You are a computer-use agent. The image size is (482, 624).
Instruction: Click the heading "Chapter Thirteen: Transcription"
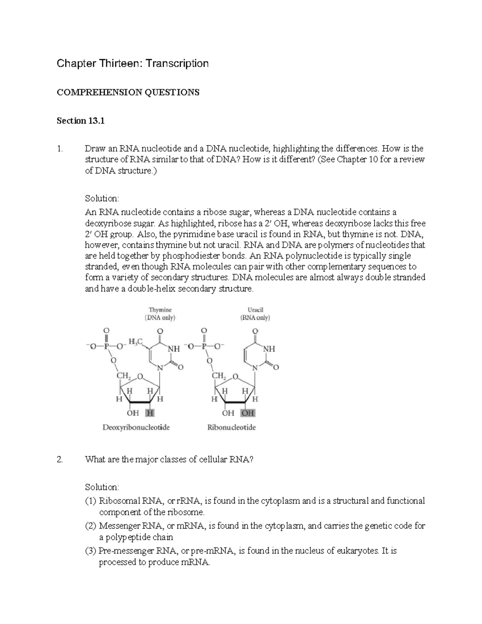[133, 63]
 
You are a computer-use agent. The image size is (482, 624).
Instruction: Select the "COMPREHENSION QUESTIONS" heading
[128, 92]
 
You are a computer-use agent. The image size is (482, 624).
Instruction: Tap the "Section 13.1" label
[81, 121]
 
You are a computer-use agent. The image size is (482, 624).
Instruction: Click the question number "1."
[60, 149]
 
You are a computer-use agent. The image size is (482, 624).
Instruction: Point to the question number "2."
[60, 460]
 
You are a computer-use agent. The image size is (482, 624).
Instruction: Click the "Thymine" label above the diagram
[160, 310]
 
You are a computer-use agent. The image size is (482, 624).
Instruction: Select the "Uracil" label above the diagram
[255, 310]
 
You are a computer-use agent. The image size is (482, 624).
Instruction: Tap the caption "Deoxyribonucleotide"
[136, 428]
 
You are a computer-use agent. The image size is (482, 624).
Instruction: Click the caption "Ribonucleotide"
[231, 428]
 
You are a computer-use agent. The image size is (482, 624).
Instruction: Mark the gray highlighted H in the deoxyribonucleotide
[150, 413]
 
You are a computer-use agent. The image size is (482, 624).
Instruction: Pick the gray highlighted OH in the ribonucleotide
[247, 413]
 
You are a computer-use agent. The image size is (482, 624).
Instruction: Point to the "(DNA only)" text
[160, 318]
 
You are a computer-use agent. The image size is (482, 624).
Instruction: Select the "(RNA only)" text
[255, 318]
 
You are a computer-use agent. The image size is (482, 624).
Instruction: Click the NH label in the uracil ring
[269, 349]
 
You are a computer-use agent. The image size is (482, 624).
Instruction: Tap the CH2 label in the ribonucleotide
[219, 376]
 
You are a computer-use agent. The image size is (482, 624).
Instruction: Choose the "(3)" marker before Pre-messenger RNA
[91, 550]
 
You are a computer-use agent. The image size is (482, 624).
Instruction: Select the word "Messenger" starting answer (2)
[120, 526]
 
